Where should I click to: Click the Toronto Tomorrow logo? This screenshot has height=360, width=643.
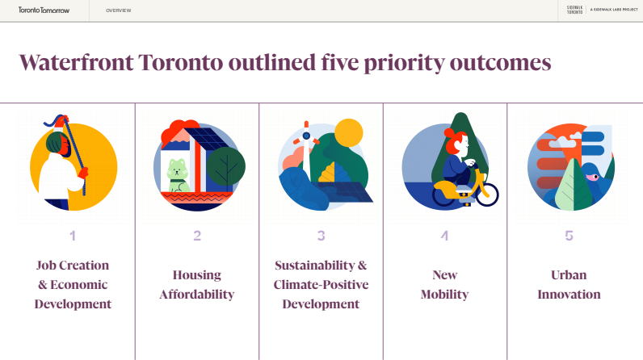[x=44, y=10]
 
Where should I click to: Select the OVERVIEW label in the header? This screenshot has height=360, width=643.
[x=119, y=10]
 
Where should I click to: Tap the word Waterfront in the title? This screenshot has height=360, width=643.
[x=77, y=63]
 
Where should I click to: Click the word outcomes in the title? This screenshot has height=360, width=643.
[x=500, y=64]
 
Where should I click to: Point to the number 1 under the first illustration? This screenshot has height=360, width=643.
[x=73, y=236]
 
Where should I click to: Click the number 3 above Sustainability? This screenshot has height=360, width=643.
[x=321, y=236]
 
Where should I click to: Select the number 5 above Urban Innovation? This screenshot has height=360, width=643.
[x=569, y=236]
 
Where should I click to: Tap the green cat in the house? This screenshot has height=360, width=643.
[x=178, y=176]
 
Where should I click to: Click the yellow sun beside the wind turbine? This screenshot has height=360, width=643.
[x=349, y=132]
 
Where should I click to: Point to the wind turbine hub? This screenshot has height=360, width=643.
[x=306, y=136]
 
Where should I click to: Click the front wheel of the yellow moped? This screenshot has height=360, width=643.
[x=487, y=195]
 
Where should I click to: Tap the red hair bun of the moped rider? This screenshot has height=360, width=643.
[x=449, y=133]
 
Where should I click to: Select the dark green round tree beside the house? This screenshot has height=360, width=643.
[x=225, y=166]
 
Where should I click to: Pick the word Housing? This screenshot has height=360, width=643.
[x=197, y=275]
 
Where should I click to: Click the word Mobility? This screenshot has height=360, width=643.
[x=444, y=295]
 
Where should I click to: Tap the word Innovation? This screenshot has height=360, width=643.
[x=569, y=295]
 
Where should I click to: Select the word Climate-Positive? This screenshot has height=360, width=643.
[x=321, y=285]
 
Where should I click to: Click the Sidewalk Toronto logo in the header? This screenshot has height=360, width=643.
[x=574, y=10]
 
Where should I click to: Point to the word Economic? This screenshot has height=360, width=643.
[x=78, y=285]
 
